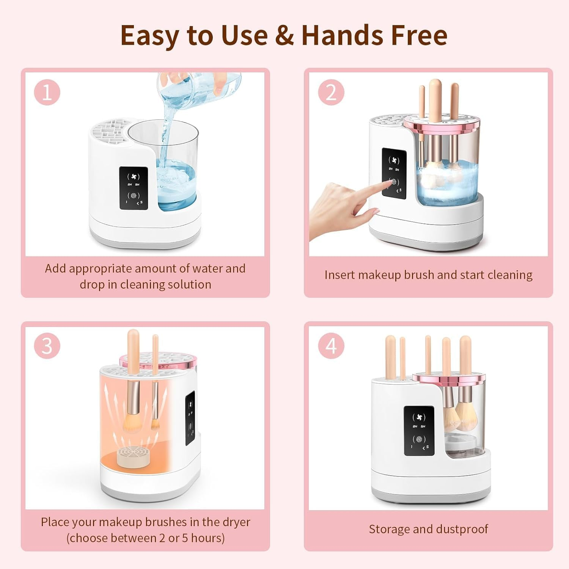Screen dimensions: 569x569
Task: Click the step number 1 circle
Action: (47, 92)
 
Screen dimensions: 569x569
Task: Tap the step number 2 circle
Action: (331, 92)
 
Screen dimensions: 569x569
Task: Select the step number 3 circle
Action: (47, 346)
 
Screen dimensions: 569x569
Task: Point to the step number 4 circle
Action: (331, 346)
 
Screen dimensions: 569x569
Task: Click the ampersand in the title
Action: (284, 35)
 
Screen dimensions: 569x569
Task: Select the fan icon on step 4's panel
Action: (419, 417)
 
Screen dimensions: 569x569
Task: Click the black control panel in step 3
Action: (190, 419)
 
